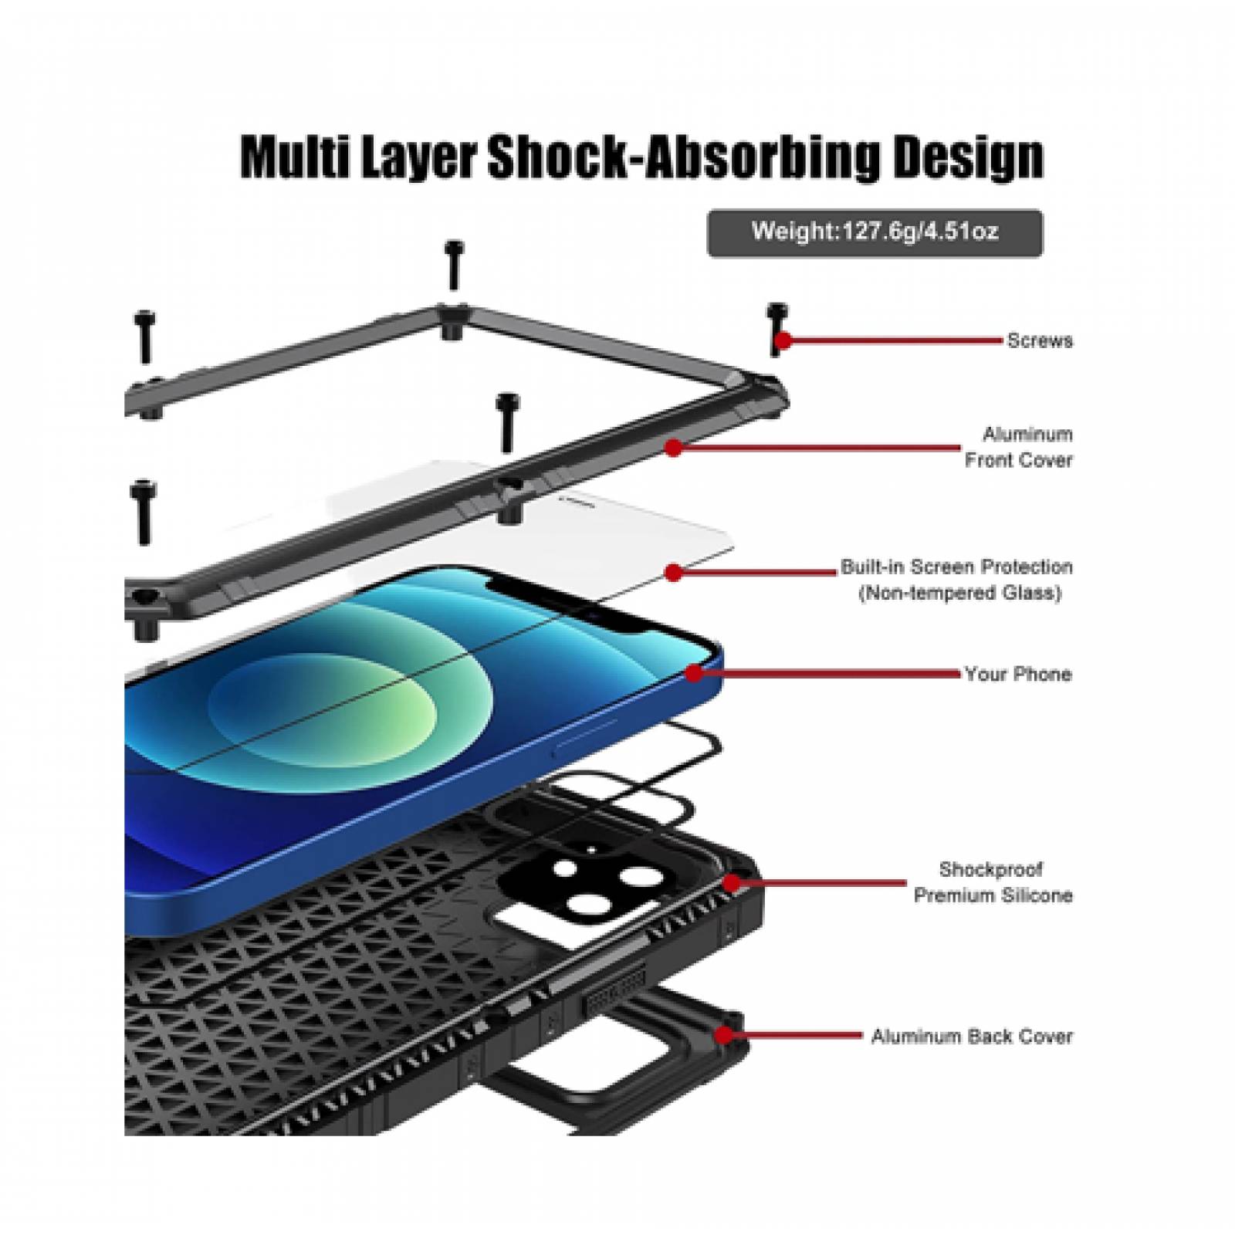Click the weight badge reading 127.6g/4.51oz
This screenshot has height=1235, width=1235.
tap(875, 232)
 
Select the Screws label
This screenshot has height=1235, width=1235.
tap(1039, 340)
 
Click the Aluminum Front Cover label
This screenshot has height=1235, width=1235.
tap(1019, 447)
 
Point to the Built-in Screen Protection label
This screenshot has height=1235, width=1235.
tap(957, 580)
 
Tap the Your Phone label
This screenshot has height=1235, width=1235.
tap(1018, 674)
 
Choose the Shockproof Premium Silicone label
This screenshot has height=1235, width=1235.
tap(993, 882)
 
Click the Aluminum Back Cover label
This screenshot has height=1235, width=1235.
tap(972, 1036)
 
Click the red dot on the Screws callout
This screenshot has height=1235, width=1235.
tap(783, 340)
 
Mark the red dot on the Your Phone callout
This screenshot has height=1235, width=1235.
tap(694, 674)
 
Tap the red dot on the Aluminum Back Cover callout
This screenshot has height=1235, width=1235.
tap(724, 1035)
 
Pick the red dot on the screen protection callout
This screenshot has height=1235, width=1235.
tap(674, 573)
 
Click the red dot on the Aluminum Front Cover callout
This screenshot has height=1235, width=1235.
tap(674, 447)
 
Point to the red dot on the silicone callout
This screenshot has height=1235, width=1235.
tap(732, 882)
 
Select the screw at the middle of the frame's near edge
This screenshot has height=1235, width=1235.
tap(507, 421)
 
